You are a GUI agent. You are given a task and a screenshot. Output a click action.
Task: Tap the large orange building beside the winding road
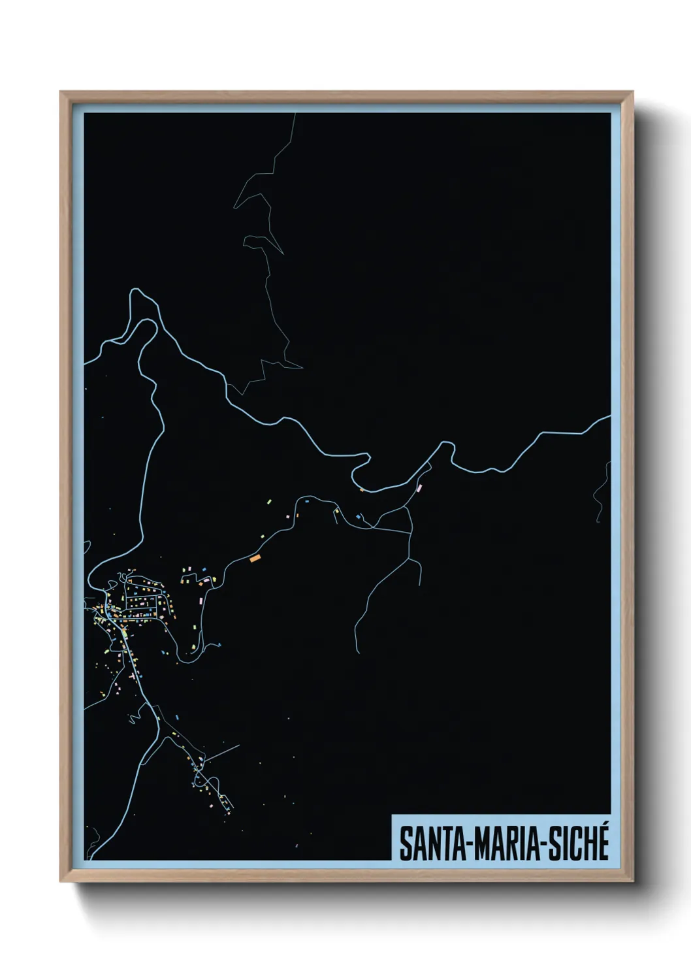pos(255,558)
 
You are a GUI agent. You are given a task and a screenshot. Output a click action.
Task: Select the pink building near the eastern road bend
pos(419,487)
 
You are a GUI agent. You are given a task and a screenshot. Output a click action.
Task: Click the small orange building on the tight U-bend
pos(361,489)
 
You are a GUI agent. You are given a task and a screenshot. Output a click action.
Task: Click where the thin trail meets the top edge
pos(295,115)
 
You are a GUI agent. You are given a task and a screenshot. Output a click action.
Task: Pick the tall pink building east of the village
pos(201,597)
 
